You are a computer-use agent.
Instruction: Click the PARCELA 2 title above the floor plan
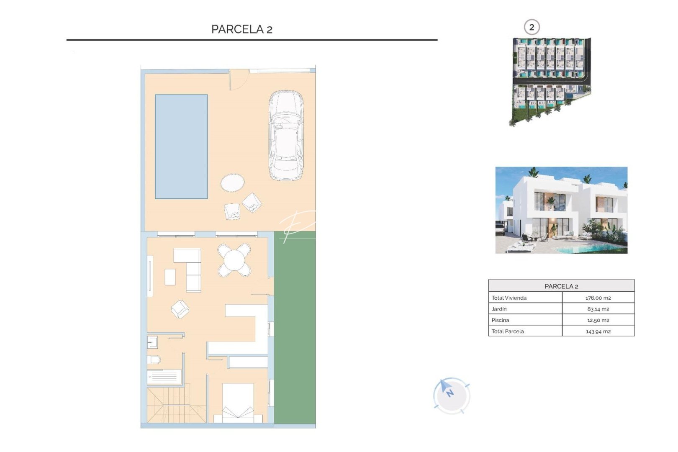pyautogui.click(x=241, y=29)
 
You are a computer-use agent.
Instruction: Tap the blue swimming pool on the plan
pyautogui.click(x=181, y=146)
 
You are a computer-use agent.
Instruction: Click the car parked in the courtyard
pyautogui.click(x=286, y=136)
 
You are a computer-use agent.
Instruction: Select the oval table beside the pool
pyautogui.click(x=232, y=183)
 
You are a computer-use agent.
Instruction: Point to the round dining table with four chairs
pyautogui.click(x=234, y=260)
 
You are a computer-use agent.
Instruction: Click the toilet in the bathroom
pyautogui.click(x=154, y=360)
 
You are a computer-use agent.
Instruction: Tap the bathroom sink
pyautogui.click(x=152, y=342)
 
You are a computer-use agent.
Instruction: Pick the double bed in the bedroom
pyautogui.click(x=238, y=402)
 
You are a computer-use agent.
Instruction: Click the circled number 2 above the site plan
pyautogui.click(x=532, y=28)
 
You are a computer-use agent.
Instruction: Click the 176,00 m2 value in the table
pyautogui.click(x=598, y=298)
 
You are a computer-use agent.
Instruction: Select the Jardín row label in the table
pyautogui.click(x=499, y=309)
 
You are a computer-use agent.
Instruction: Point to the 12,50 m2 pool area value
pyautogui.click(x=598, y=321)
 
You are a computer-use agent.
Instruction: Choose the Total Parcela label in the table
pyautogui.click(x=508, y=331)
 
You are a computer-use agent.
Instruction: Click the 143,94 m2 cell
pyautogui.click(x=598, y=331)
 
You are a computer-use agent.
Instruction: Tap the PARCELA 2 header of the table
pyautogui.click(x=561, y=286)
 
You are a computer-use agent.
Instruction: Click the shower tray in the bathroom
pyautogui.click(x=164, y=377)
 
